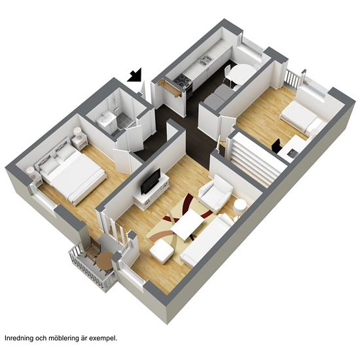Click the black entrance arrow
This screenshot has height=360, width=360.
135,75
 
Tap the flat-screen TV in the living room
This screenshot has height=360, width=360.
151,181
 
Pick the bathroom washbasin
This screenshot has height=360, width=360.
105,118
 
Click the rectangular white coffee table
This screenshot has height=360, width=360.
187,225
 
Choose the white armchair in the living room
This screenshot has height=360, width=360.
216,193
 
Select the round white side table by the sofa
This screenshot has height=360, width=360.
240,207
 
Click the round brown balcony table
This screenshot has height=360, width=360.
105,260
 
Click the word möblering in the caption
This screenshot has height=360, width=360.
60,338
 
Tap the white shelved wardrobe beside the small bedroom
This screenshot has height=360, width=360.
254,158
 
